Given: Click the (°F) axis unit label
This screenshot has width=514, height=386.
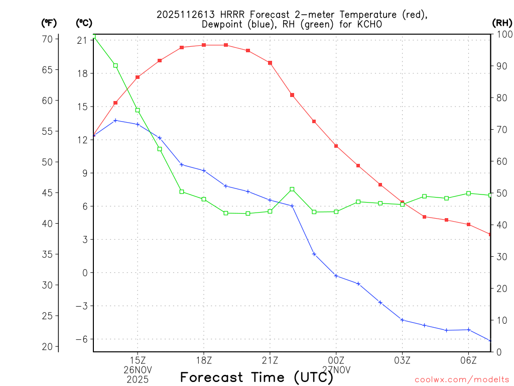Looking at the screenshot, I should click(x=49, y=23).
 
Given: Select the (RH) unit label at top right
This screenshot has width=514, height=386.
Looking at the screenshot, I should click(x=501, y=23).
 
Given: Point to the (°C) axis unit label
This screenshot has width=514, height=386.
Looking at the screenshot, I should click(x=84, y=23).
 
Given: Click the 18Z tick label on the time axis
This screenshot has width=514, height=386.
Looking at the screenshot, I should click(x=204, y=360).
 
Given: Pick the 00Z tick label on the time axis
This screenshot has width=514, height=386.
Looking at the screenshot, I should click(x=336, y=360).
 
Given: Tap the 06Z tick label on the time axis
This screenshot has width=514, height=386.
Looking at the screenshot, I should click(x=468, y=360).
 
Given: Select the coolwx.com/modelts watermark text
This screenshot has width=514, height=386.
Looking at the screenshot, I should click(x=462, y=379).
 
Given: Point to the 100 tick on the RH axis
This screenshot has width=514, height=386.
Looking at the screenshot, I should click(x=502, y=34).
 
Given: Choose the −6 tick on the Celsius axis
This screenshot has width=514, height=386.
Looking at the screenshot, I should click(x=81, y=339).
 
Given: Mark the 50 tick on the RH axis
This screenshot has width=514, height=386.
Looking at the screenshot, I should click(x=500, y=193).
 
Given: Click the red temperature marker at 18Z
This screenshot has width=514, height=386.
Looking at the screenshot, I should click(x=204, y=45).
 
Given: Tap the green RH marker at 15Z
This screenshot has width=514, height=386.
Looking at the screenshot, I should click(x=138, y=110).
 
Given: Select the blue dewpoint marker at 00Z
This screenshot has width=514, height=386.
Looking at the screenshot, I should click(x=336, y=276).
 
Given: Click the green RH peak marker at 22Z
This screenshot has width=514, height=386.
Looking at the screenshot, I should click(x=292, y=189).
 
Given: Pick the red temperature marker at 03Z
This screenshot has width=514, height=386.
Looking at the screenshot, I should click(x=402, y=202).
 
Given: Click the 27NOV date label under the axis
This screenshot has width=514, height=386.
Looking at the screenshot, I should click(x=336, y=369).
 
